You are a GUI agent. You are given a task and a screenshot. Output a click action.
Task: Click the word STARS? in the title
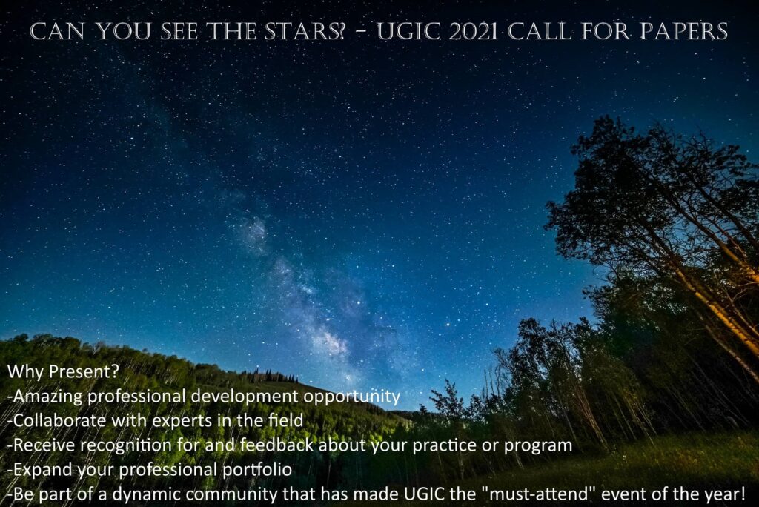coord(305,31)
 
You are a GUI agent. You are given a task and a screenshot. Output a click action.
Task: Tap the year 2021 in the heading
coord(474,31)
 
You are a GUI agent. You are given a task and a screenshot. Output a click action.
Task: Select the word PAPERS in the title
coord(683,31)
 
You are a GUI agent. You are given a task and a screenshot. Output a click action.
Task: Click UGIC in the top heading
coord(409,31)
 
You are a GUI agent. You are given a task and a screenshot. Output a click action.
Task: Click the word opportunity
coord(352,397)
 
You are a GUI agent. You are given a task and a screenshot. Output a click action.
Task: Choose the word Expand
coord(42,470)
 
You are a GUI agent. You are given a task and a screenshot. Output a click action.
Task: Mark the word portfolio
coord(257,469)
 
